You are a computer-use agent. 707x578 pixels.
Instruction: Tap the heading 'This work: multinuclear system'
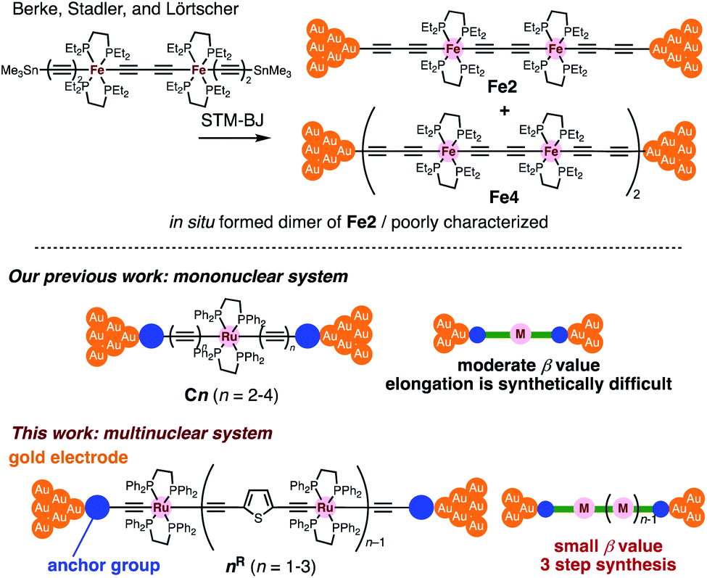click(x=140, y=433)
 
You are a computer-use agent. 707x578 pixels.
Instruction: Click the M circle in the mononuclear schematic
click(x=518, y=334)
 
